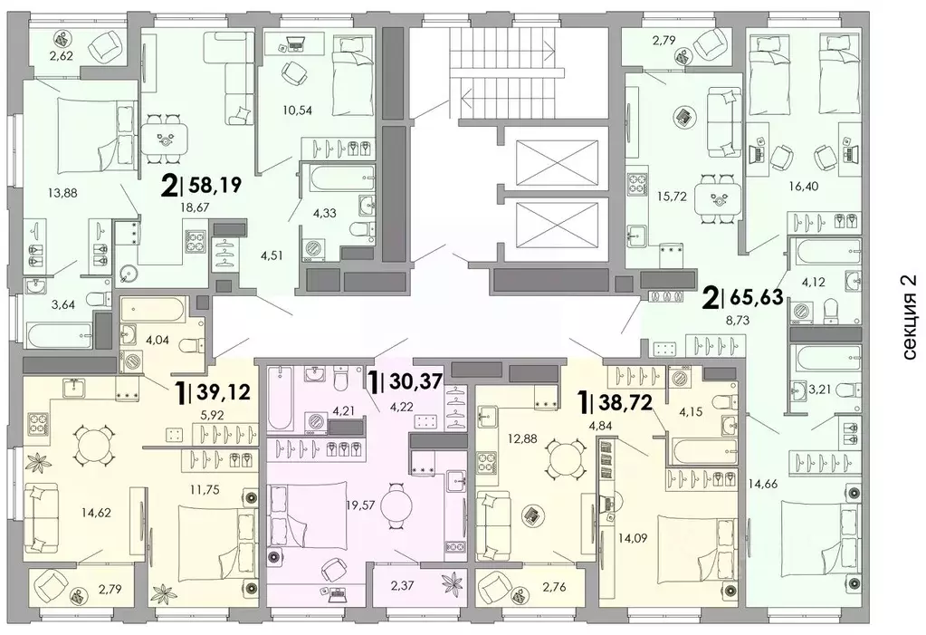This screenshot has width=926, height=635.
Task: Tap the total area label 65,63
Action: (x=757, y=297)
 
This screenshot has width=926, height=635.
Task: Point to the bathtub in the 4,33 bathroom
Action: (x=338, y=178)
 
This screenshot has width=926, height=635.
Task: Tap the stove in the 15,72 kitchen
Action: (x=638, y=182)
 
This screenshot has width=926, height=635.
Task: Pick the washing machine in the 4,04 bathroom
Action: (x=128, y=361)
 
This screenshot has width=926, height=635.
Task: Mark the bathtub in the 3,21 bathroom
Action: (x=824, y=358)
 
